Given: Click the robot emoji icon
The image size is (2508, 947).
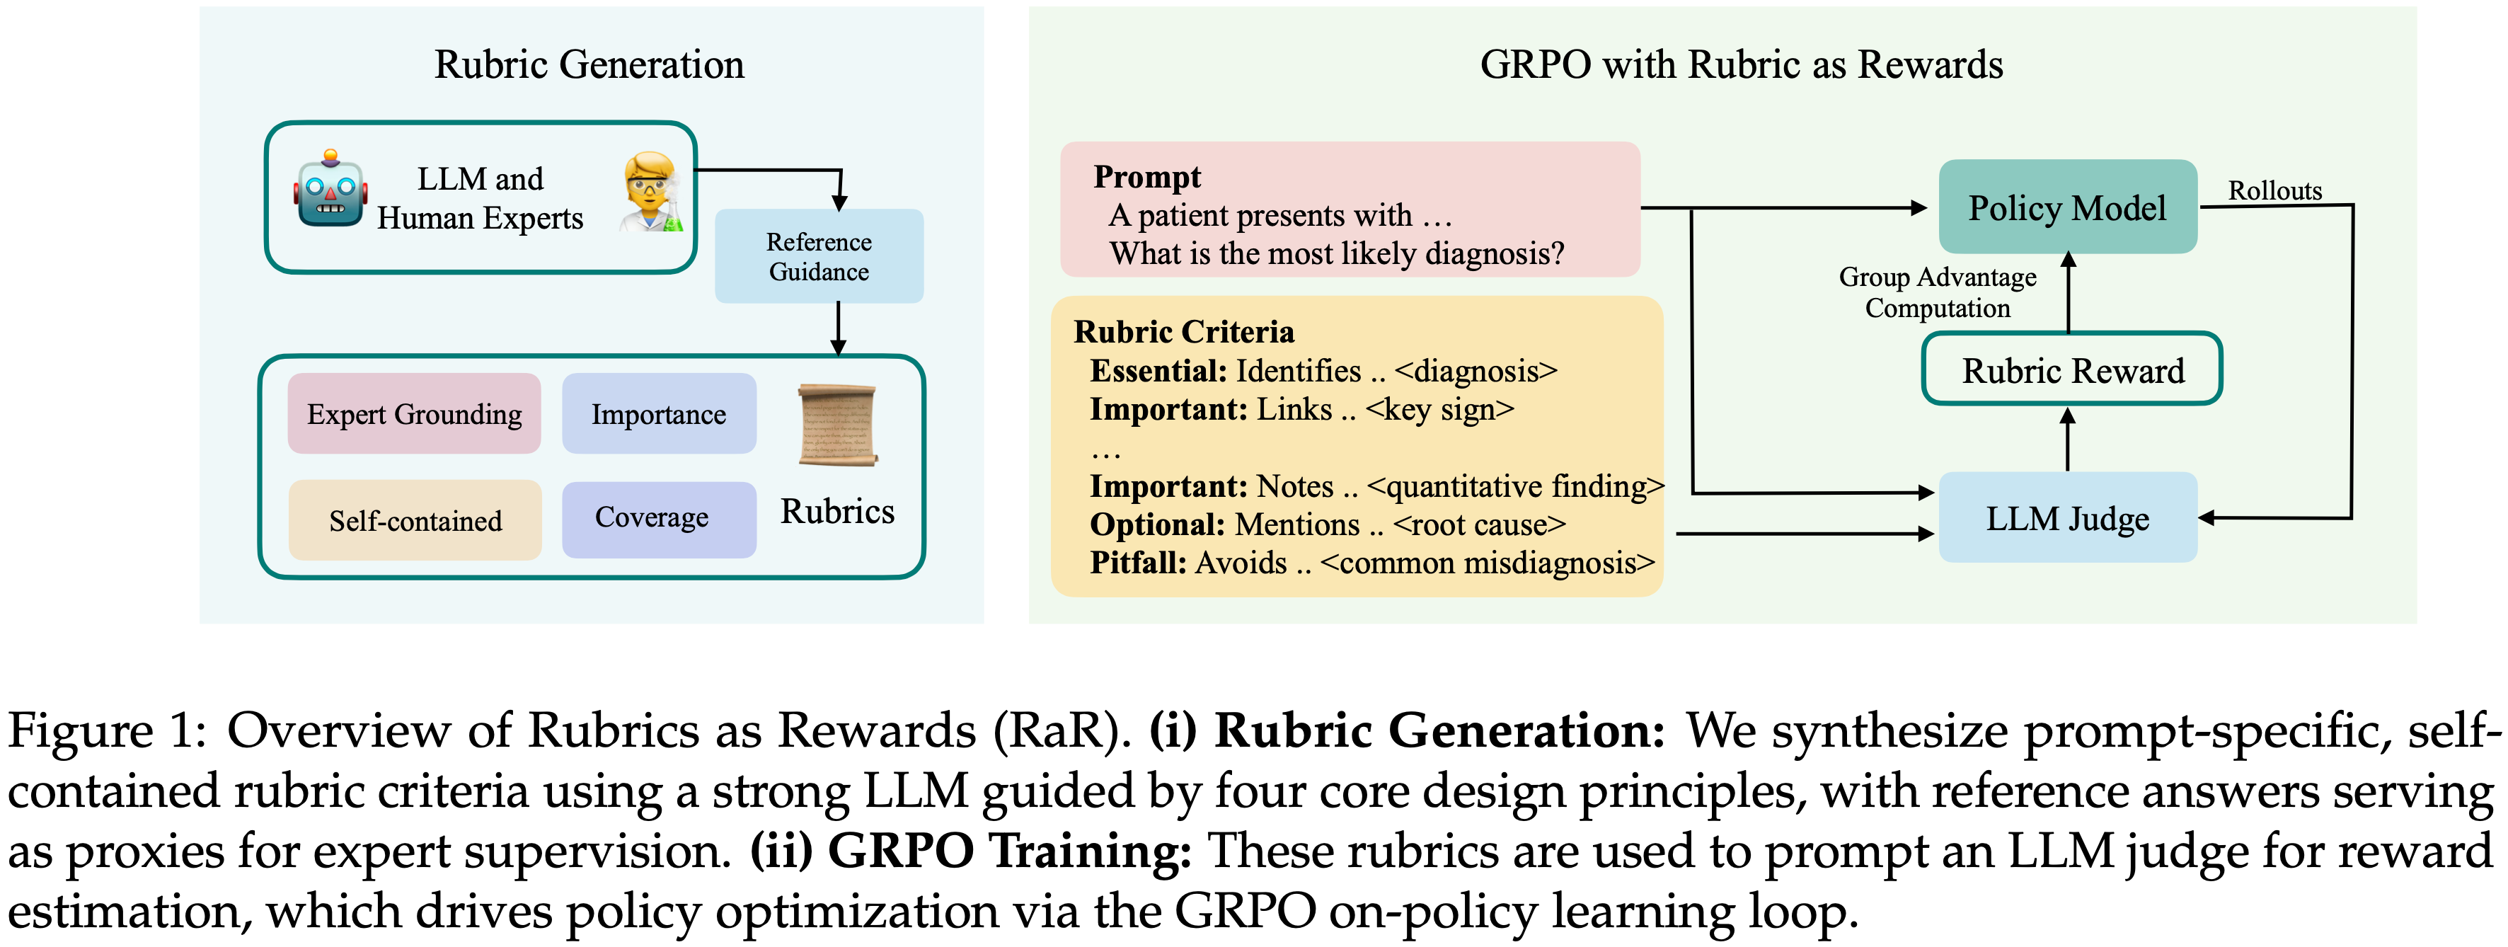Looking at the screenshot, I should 331,190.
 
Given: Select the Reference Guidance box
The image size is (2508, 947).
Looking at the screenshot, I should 819,256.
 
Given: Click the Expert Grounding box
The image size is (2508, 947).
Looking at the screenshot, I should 414,413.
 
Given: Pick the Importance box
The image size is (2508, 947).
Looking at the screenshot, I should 658,413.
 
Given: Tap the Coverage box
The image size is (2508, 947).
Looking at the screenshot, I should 658,519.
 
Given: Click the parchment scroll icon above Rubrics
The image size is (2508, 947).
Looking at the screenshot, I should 837,425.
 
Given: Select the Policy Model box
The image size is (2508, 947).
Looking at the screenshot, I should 2067,207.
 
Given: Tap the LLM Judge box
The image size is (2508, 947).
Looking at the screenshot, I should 2067,518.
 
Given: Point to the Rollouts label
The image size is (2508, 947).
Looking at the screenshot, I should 2274,191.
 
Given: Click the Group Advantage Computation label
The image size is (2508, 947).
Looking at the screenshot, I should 1938,292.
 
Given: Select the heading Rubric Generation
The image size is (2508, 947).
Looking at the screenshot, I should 589,64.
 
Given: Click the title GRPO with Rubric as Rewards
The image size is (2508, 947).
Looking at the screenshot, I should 1741,64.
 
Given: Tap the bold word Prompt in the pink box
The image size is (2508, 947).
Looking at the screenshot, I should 1147,177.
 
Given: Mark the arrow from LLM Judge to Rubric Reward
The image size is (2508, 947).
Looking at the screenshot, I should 2067,438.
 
